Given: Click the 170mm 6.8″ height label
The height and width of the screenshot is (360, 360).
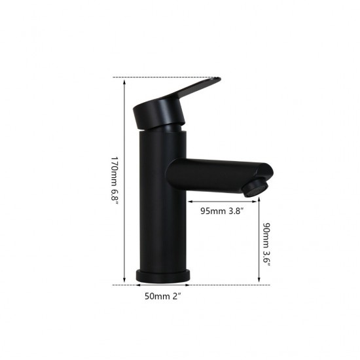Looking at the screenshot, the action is coord(115,181).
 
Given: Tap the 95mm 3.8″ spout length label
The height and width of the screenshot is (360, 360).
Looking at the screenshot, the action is coord(222,211).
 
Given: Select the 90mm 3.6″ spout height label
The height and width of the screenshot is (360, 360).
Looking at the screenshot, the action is coord(266,244).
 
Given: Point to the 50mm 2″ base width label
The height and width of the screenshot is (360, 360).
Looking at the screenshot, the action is coord(163,296).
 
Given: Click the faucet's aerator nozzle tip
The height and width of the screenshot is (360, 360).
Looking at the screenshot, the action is coord(255,189).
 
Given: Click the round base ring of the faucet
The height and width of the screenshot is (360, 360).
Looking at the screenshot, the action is coord(163,276).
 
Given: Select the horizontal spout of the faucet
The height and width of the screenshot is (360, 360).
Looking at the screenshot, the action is coord(218,175).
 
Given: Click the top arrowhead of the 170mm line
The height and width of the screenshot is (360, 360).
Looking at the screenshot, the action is coord(124,82).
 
